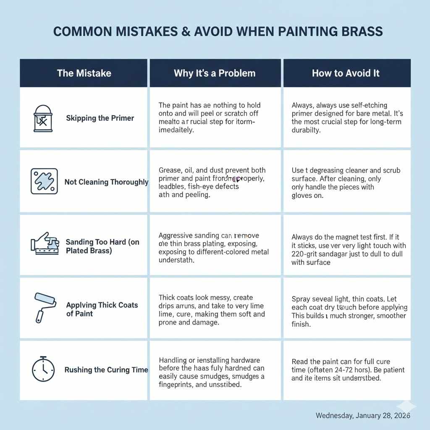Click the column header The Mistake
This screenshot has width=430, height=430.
pyautogui.click(x=84, y=73)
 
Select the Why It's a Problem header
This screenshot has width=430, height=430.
pyautogui.click(x=215, y=73)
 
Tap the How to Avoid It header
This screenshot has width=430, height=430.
pyautogui.click(x=346, y=73)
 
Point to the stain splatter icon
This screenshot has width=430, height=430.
pyautogui.click(x=44, y=182)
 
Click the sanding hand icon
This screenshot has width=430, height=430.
pyautogui.click(x=44, y=244)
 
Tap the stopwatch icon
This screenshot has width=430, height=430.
pyautogui.click(x=43, y=370)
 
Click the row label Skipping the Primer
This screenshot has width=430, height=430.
pyautogui.click(x=100, y=118)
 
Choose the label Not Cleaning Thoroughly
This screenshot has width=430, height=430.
pyautogui.click(x=106, y=182)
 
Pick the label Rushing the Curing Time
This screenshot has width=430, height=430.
pyautogui.click(x=106, y=370)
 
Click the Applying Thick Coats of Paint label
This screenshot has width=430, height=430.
pyautogui.click(x=102, y=309)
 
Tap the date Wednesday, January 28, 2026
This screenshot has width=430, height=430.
pyautogui.click(x=363, y=415)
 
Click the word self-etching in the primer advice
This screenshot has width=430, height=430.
pyautogui.click(x=366, y=105)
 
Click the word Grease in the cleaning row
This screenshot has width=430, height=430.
pyautogui.click(x=170, y=170)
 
